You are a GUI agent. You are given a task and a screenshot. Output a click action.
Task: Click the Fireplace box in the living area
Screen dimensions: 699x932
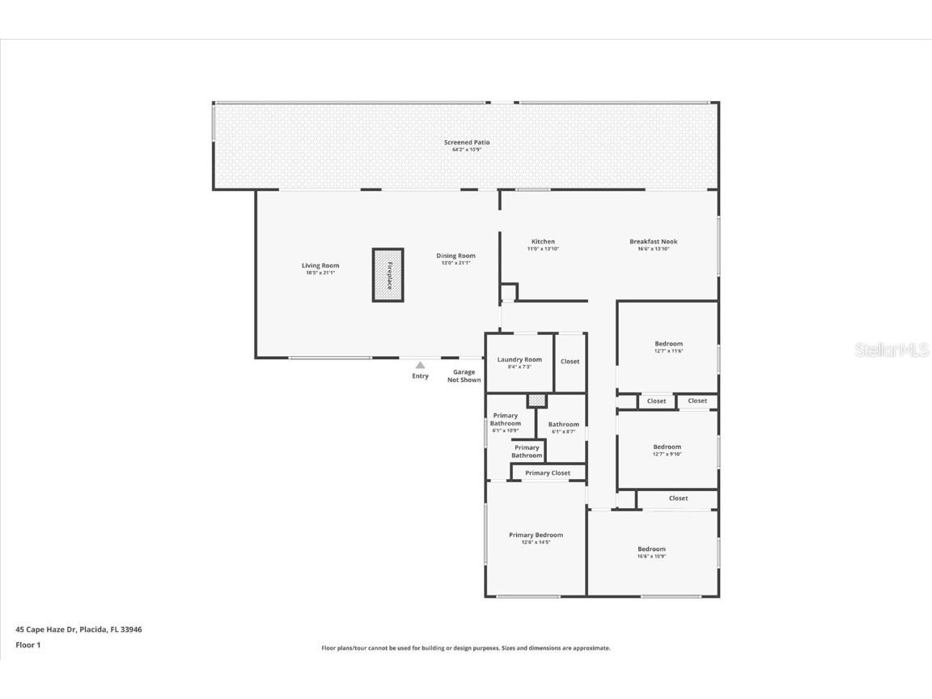pos(388,275)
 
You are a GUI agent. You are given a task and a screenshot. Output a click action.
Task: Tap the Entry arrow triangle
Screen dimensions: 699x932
pos(420,366)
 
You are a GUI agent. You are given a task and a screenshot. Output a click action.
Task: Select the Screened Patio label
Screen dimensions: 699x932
pos(467,142)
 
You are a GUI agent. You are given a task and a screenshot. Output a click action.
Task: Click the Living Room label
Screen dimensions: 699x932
pos(320,265)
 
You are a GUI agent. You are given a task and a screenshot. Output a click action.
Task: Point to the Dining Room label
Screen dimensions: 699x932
pos(455,256)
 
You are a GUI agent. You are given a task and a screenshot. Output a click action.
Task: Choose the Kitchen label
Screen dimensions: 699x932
pos(543,242)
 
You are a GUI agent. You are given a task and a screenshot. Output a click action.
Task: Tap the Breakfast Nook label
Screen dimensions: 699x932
pos(654,242)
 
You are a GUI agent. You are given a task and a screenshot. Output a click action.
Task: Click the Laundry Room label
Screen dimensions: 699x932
pos(519,360)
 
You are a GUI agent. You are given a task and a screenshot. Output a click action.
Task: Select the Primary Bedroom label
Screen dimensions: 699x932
pos(536,535)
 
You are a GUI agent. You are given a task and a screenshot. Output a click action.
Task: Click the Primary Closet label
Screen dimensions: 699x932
pos(548,473)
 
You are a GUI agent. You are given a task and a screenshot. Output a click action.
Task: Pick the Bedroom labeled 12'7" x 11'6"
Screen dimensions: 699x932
pos(668,344)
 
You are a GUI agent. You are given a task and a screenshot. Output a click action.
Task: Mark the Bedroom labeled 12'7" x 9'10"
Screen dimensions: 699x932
pos(667,447)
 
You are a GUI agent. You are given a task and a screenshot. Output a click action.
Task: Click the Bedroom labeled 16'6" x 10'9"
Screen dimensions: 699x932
pos(651,549)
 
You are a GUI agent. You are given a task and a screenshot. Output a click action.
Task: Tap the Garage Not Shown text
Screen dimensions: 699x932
pos(464,376)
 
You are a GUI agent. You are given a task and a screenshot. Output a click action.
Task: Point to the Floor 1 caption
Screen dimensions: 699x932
pos(28,645)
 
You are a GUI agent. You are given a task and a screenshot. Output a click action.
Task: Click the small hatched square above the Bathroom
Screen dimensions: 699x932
pos(536,400)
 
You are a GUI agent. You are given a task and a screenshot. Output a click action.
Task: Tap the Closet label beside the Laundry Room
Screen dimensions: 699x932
pos(570,362)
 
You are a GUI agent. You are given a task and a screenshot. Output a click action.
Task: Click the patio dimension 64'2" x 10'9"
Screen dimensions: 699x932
pos(467,150)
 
